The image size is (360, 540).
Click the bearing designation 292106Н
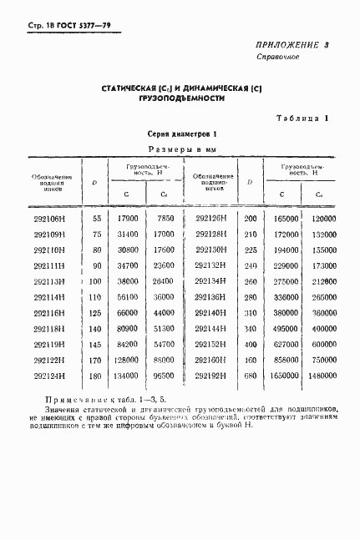point(50,219)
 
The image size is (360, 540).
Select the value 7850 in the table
point(163,219)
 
